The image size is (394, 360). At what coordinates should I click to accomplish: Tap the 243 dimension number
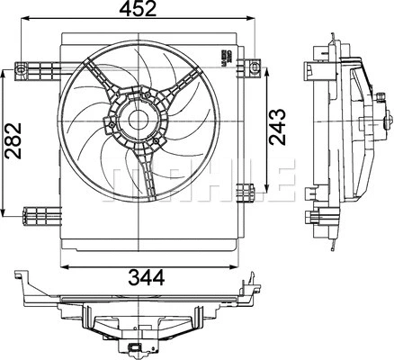point(278,128)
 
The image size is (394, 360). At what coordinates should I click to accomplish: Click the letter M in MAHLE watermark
point(129,176)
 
